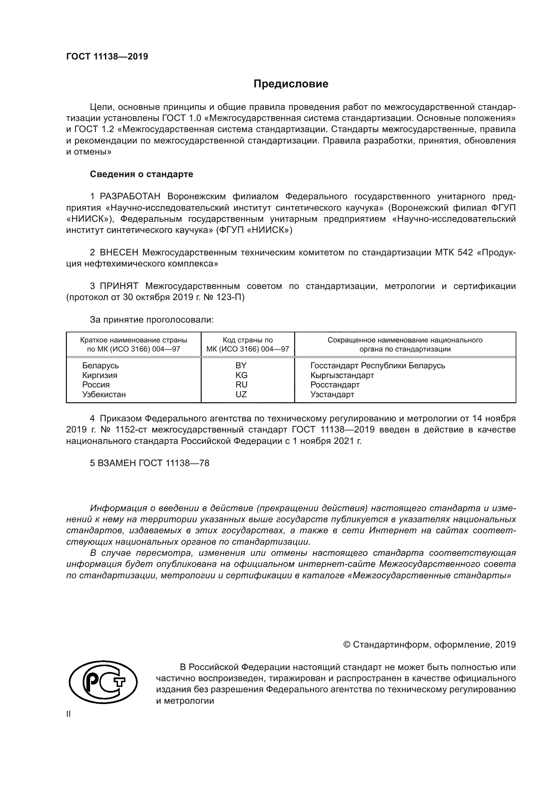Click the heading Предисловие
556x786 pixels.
(291, 84)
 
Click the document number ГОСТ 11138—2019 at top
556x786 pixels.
(107, 57)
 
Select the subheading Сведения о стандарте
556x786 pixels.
(142, 174)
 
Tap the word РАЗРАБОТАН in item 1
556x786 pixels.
(130, 197)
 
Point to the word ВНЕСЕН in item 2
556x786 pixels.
(119, 253)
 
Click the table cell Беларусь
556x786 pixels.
(100, 366)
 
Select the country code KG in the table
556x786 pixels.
(241, 375)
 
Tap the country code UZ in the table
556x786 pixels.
(241, 395)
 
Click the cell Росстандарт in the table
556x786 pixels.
(335, 385)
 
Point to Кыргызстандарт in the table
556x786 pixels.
(342, 375)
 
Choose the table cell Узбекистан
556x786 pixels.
(104, 395)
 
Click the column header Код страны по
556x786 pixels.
(247, 340)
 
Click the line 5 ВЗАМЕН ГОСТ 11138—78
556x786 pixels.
(150, 463)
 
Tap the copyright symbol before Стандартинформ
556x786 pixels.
(347, 645)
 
